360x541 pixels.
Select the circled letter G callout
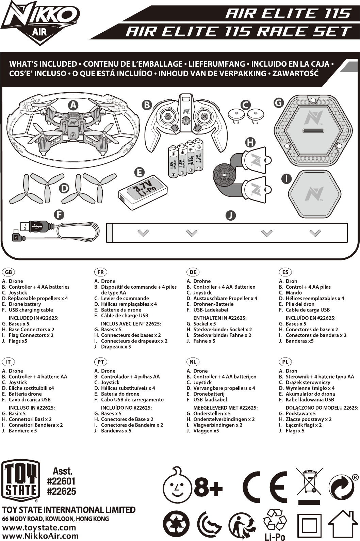[x=279, y=102]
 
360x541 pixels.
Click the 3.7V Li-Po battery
[x=143, y=193]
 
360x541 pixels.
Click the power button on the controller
[x=185, y=121]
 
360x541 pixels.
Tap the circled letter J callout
[x=231, y=215]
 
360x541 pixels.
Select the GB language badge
[x=9, y=272]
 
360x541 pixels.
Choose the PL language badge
[x=285, y=362]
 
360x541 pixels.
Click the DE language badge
[x=193, y=272]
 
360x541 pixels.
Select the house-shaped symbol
[x=343, y=524]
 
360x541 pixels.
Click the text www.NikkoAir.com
[x=40, y=536]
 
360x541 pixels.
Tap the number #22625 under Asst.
[x=61, y=491]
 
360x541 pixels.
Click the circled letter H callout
[x=250, y=142]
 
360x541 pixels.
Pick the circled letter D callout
[x=64, y=188]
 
